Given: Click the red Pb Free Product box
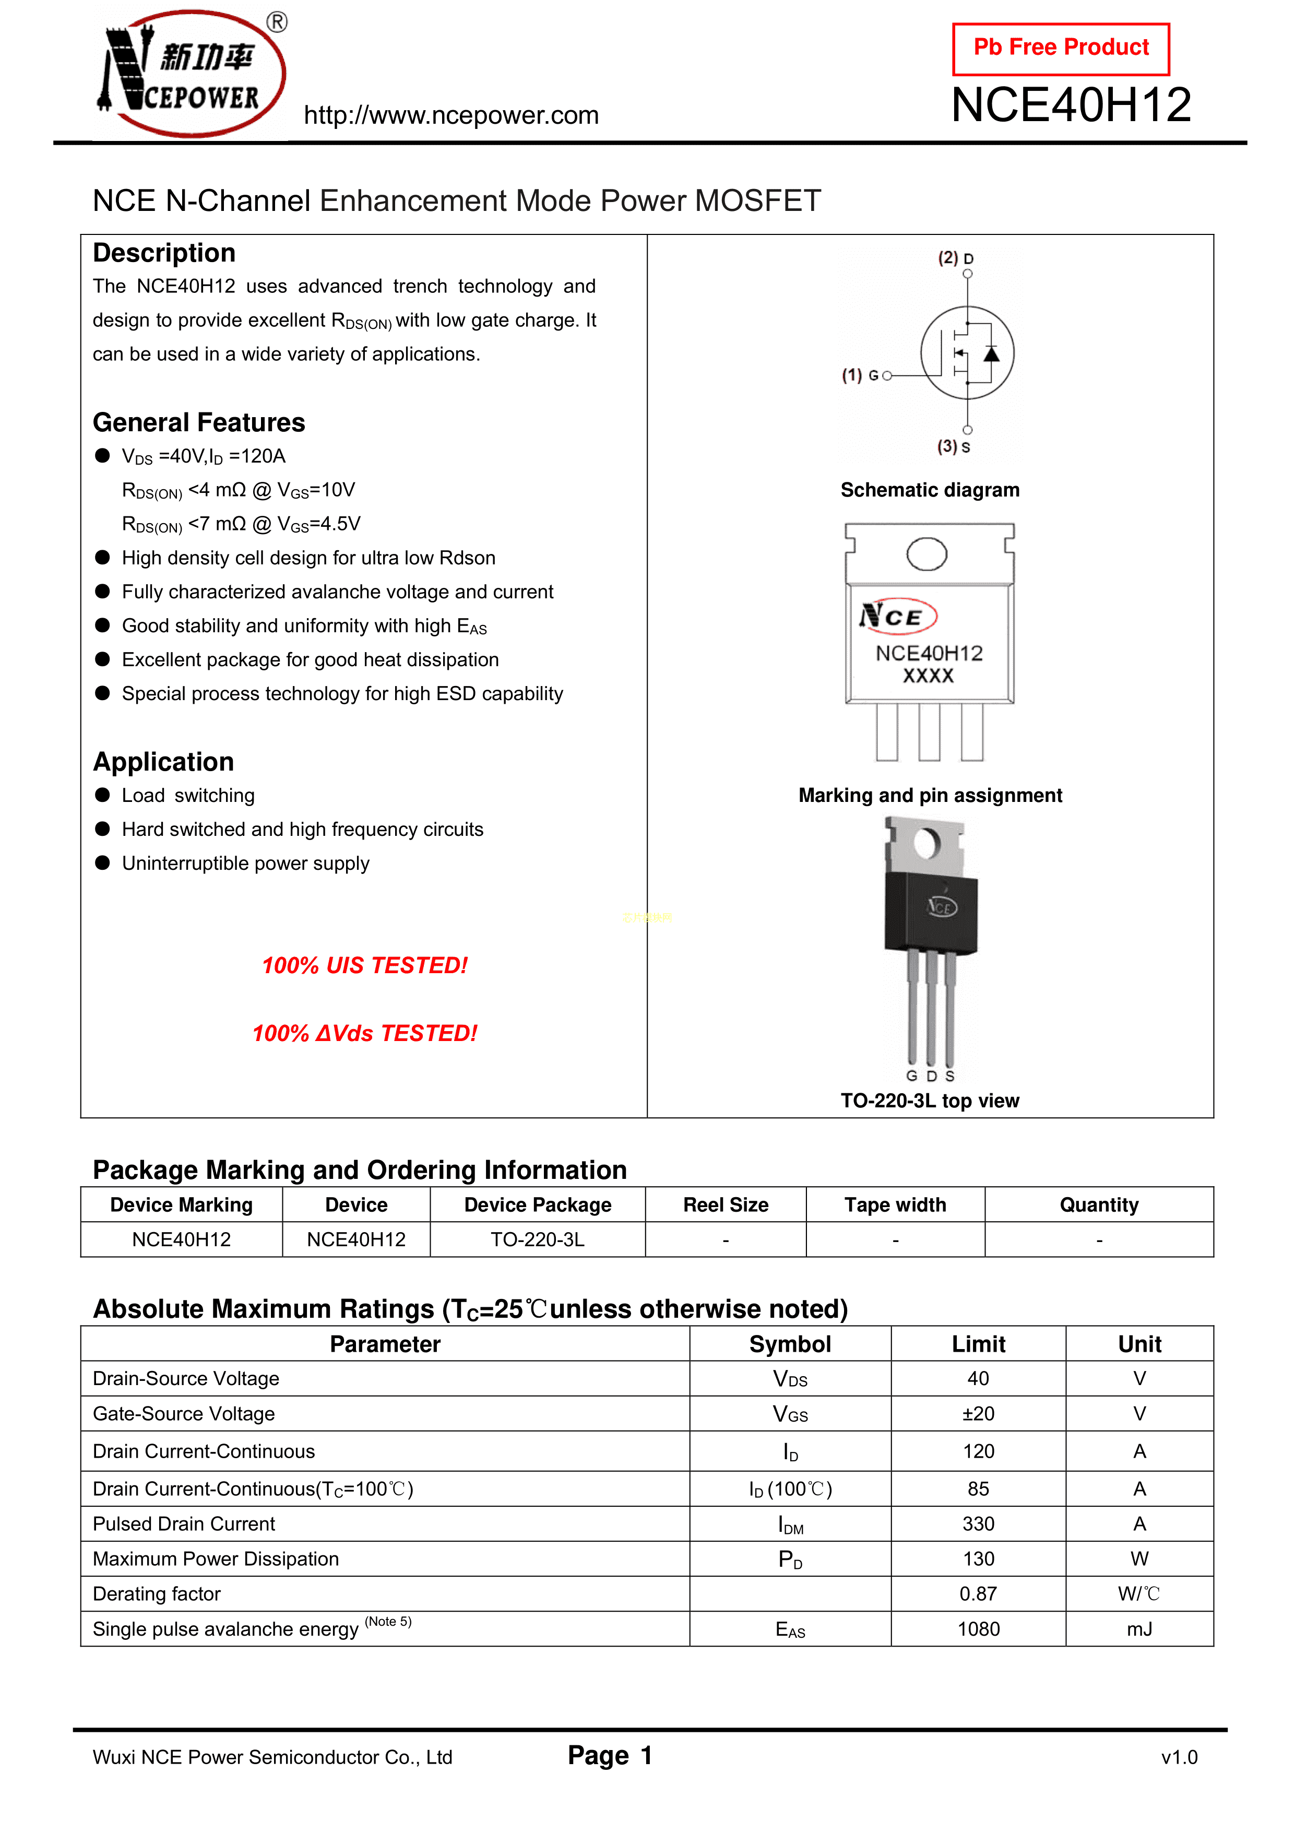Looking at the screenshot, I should pyautogui.click(x=1061, y=49).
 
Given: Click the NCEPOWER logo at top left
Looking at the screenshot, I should pyautogui.click(x=192, y=74).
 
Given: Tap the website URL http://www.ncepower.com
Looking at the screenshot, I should pyautogui.click(x=451, y=116).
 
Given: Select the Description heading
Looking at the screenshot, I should pyautogui.click(x=164, y=253).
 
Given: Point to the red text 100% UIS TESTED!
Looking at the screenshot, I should pyautogui.click(x=365, y=965).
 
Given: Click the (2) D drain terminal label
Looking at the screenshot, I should pyautogui.click(x=955, y=258).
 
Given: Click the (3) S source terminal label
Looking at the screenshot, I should pyautogui.click(x=954, y=447).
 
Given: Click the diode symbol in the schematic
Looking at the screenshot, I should pyautogui.click(x=991, y=353).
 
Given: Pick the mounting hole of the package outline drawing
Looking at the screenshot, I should pyautogui.click(x=926, y=554).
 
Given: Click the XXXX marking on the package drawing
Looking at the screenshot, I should pyautogui.click(x=928, y=676).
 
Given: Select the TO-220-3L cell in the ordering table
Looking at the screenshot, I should pyautogui.click(x=537, y=1239).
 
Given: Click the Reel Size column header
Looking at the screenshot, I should pyautogui.click(x=726, y=1205).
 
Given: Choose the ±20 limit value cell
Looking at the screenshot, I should pyautogui.click(x=978, y=1414).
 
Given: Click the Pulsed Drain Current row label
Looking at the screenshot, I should pyautogui.click(x=184, y=1524).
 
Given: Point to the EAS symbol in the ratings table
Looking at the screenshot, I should pyautogui.click(x=790, y=1629).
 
